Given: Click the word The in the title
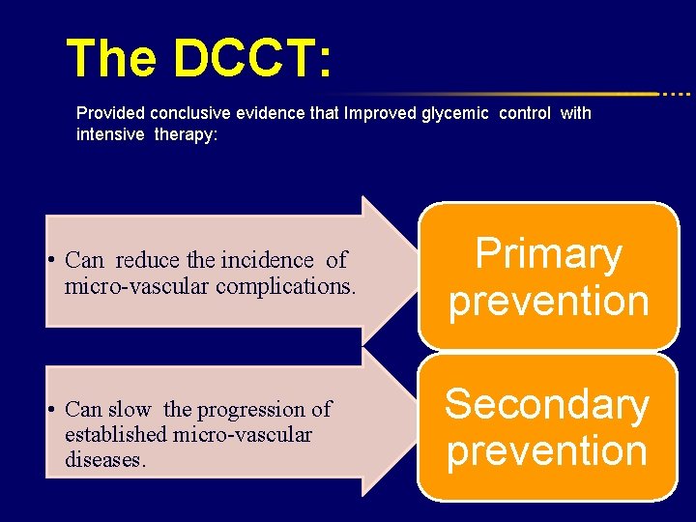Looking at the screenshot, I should [x=111, y=59].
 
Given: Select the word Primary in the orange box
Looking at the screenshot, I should [x=548, y=254].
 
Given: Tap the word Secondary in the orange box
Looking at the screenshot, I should [x=546, y=404].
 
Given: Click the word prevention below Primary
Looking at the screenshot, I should [x=548, y=301].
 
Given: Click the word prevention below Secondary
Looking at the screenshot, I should [x=546, y=450].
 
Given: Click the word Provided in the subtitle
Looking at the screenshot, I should [x=108, y=113].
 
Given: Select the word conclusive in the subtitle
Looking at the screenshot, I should [x=181, y=113].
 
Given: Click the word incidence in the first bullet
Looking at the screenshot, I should [x=268, y=260].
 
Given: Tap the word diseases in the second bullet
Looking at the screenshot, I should [x=103, y=459].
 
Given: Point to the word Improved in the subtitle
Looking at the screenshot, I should [x=380, y=113].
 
